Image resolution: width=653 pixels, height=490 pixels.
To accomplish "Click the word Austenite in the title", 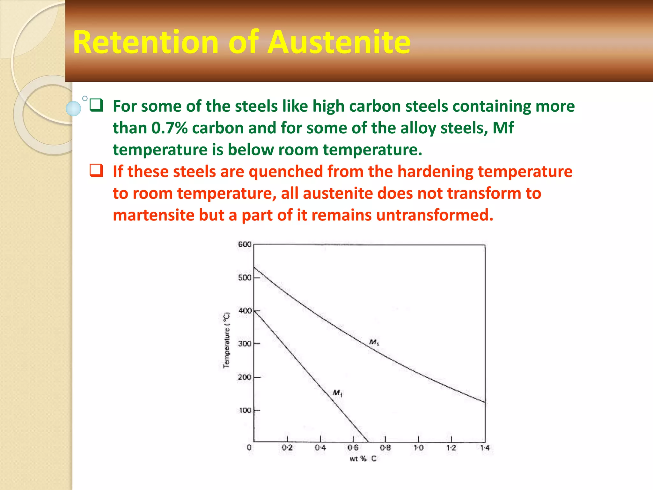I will coord(339,42).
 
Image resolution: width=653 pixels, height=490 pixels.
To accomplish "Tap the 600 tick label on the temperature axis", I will coord(245,244).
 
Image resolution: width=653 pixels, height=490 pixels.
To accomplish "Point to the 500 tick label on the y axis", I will coord(245,278).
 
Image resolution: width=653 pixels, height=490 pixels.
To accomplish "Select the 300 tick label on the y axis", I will coord(245,344).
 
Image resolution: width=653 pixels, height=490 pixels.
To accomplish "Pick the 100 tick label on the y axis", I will coord(245,410).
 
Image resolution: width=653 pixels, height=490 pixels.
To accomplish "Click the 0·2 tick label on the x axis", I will coord(287,448).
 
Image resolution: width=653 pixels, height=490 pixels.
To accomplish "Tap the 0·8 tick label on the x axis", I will coord(385,448).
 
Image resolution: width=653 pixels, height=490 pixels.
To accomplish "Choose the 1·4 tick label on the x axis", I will coord(485,448).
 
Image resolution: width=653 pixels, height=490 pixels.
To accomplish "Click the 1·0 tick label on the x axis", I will coord(419,448).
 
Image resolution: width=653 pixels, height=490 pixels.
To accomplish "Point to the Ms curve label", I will coord(374,342).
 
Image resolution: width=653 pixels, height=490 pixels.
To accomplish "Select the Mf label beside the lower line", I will coord(337,393).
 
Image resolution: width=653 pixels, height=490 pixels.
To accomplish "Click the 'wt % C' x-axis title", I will coord(363,459).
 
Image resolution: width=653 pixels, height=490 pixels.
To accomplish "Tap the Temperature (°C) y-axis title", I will coord(226,340).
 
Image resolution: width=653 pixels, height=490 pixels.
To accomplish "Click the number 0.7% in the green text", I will coord(169,128).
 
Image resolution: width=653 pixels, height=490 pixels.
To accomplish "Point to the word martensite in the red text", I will coord(153,215).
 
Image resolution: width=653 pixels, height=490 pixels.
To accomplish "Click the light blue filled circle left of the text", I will coord(73,108).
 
